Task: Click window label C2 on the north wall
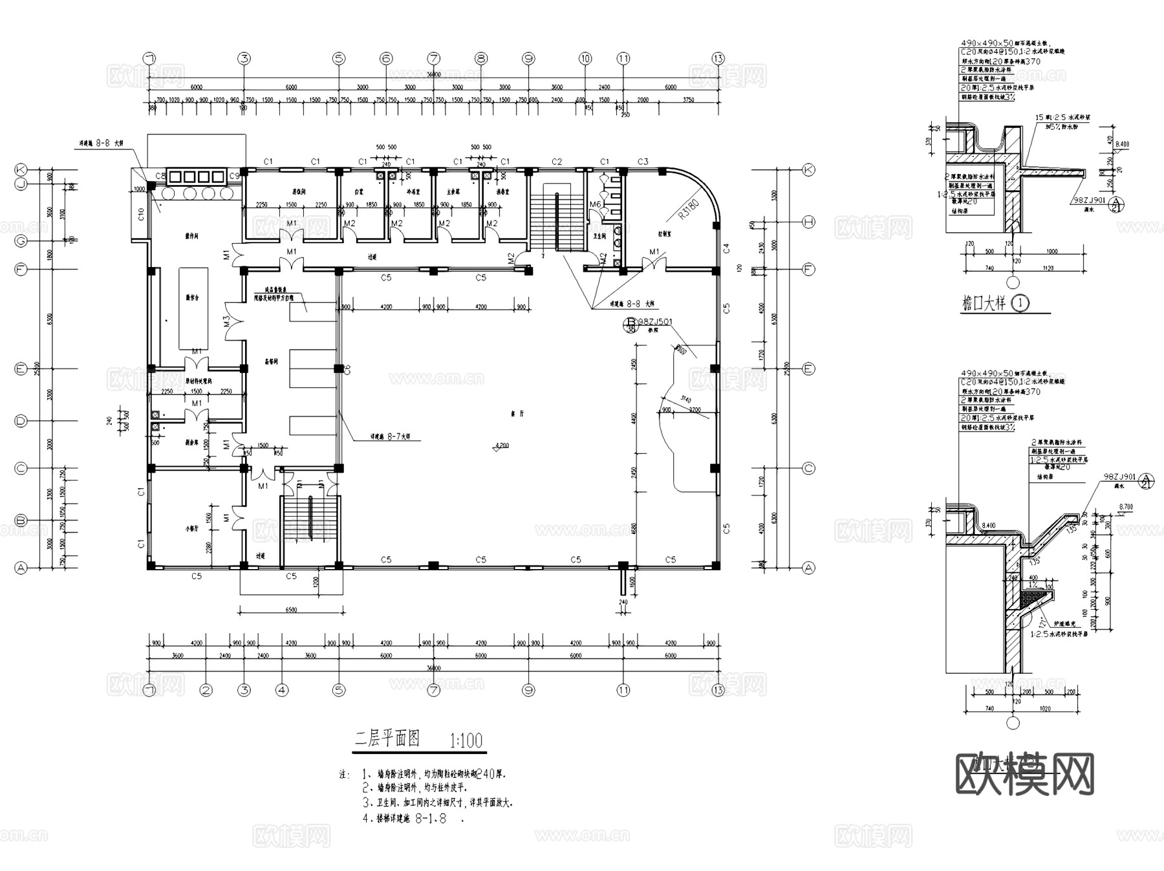coord(557,162)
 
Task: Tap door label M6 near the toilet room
coord(595,204)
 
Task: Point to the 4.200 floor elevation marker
coord(502,446)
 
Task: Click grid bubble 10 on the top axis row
coord(585,58)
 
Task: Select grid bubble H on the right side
coord(808,222)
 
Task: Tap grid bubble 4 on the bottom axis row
coord(282,690)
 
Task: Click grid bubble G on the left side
coord(21,241)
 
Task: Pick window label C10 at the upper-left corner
coord(141,213)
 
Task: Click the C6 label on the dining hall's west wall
coord(347,369)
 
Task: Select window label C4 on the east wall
coord(726,248)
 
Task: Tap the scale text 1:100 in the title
coord(466,740)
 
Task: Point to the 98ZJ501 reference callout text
coord(655,321)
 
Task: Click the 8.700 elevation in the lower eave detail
coord(1126,508)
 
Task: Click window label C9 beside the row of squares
coord(235,176)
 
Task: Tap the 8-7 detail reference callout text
coord(391,437)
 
